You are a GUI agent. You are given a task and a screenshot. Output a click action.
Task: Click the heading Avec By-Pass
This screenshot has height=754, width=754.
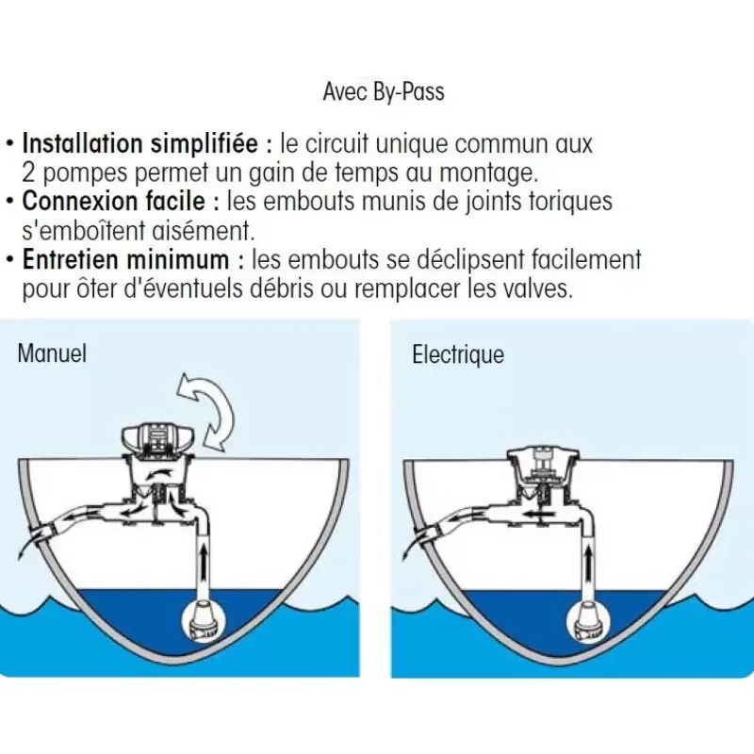tap(384, 91)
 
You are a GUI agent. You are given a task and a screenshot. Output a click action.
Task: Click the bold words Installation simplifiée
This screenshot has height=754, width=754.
tap(139, 143)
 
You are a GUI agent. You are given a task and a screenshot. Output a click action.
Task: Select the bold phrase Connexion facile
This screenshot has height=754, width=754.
tap(113, 201)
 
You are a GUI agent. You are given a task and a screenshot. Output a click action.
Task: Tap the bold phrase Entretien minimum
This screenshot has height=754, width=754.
tap(125, 259)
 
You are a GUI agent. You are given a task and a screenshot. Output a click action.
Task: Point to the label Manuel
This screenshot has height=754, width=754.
tap(52, 353)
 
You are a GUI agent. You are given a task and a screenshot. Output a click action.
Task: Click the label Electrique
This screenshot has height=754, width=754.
tap(458, 355)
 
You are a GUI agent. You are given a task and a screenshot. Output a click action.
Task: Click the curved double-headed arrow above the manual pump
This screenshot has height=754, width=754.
tap(206, 412)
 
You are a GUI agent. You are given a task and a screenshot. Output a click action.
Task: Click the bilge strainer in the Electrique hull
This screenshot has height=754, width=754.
tap(586, 623)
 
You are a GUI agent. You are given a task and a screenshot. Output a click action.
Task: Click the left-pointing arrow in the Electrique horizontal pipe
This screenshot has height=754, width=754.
tap(537, 514)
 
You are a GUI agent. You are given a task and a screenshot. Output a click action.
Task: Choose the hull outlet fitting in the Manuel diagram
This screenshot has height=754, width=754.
tap(44, 534)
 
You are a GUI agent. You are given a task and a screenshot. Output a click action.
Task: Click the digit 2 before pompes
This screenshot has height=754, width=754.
tap(28, 172)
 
